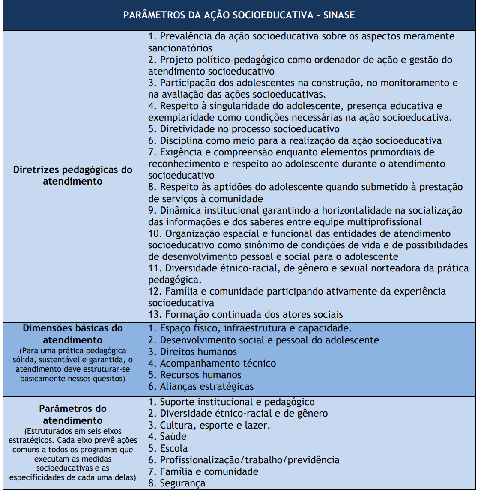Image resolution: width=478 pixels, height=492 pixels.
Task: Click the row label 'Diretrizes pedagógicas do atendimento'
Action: tap(72, 176)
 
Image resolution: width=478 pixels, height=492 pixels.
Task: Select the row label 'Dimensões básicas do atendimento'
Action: tap(72, 334)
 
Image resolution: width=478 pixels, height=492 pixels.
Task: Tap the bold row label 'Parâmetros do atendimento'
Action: tap(72, 414)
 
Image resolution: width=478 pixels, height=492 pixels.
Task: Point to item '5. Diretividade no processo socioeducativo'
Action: tap(244, 129)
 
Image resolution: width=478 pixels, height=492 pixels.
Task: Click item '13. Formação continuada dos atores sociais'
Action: tap(245, 315)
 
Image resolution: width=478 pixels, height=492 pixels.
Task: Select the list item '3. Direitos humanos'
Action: tap(192, 352)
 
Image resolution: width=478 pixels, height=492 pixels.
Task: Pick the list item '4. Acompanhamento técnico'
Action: tap(212, 364)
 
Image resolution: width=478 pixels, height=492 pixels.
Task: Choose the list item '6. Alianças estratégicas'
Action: tap(201, 387)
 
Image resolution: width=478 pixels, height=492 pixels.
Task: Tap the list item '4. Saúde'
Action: tap(167, 437)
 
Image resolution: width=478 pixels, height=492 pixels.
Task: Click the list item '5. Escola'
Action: tap(168, 449)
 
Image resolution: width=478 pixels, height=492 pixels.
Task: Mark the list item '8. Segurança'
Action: tap(176, 483)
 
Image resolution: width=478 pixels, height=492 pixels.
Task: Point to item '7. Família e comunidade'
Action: tap(203, 472)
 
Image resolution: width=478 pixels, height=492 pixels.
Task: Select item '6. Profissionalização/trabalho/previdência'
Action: tap(244, 460)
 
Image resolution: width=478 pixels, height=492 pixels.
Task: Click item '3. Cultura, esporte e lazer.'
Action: tap(209, 426)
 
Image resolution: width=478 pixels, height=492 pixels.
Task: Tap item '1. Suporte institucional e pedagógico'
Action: tap(231, 402)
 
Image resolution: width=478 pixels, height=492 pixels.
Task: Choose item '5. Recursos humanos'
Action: tap(195, 375)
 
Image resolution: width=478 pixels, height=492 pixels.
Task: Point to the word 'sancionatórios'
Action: tap(180, 48)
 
